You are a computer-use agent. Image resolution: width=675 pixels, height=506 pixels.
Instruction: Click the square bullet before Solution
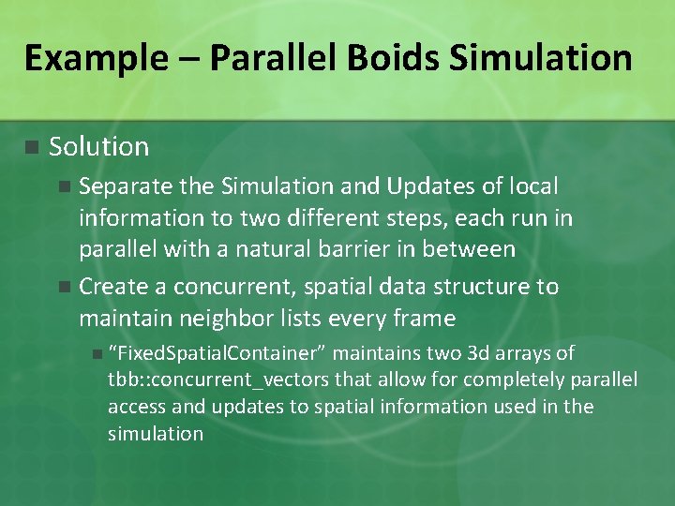[31, 147]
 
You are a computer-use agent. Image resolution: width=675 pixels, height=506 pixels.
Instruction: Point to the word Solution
[98, 147]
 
